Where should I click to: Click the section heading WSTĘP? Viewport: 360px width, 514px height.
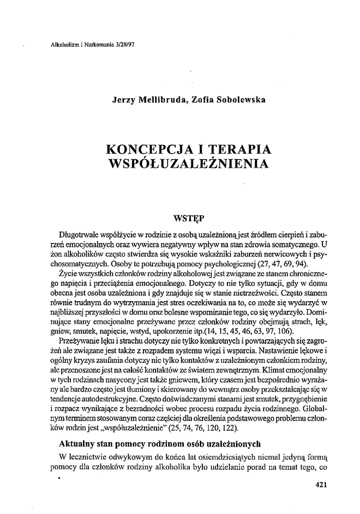pos(187,218)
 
